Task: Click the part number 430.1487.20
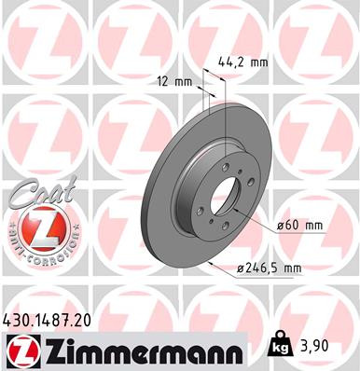point(55,319)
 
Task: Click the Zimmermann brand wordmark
point(140,350)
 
